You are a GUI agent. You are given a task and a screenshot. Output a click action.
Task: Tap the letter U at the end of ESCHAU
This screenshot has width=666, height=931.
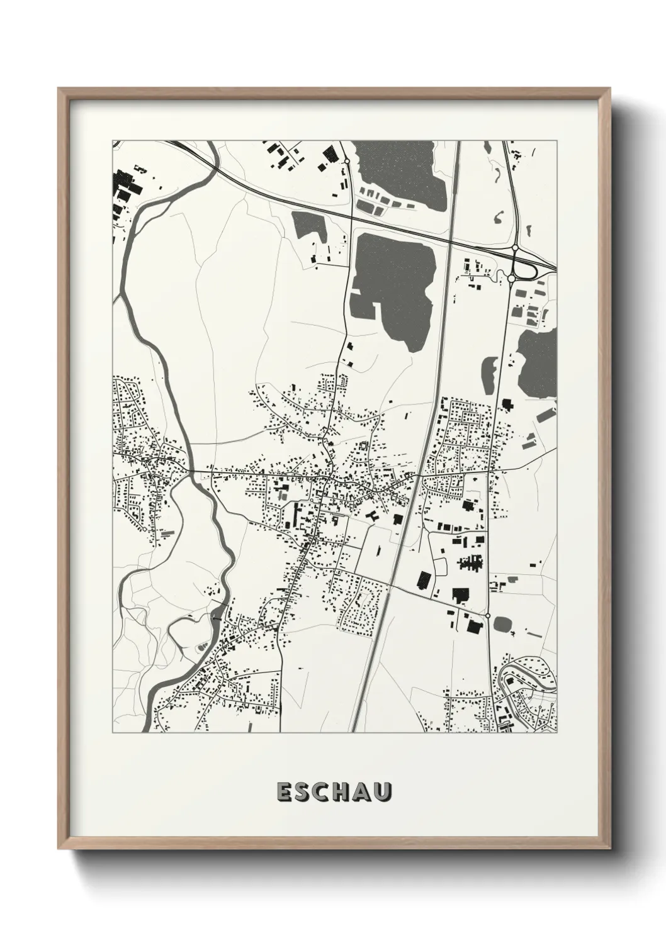pyautogui.click(x=382, y=793)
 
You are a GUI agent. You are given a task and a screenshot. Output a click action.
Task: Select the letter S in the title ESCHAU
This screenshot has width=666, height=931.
pyautogui.click(x=303, y=793)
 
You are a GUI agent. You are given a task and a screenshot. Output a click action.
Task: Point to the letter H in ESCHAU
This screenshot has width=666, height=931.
pyautogui.click(x=342, y=793)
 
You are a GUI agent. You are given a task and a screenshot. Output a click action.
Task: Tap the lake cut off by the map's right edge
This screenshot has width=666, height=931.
pyautogui.click(x=539, y=362)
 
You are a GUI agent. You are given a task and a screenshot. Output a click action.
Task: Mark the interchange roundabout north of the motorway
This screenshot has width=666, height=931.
pyautogui.click(x=515, y=249)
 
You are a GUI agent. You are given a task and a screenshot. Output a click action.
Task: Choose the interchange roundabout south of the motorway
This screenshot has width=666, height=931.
pyautogui.click(x=512, y=277)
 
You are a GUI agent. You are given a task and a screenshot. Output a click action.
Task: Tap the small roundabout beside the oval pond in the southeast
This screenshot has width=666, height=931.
pyautogui.click(x=488, y=616)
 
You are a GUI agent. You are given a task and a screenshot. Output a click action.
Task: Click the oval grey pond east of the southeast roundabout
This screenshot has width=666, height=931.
pyautogui.click(x=503, y=624)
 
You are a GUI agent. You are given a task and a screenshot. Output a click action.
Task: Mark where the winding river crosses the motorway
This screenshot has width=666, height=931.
pyautogui.click(x=211, y=165)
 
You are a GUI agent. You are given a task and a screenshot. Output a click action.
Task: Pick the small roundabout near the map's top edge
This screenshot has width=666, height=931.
pyautogui.click(x=346, y=162)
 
